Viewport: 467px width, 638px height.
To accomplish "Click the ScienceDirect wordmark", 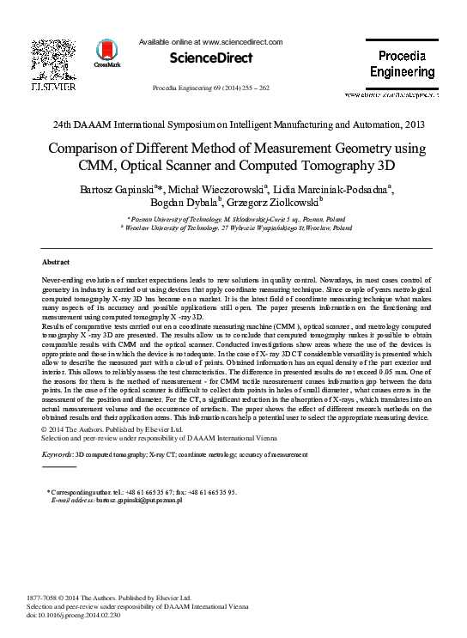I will (210, 58).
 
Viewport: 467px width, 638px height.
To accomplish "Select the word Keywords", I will (57, 453).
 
